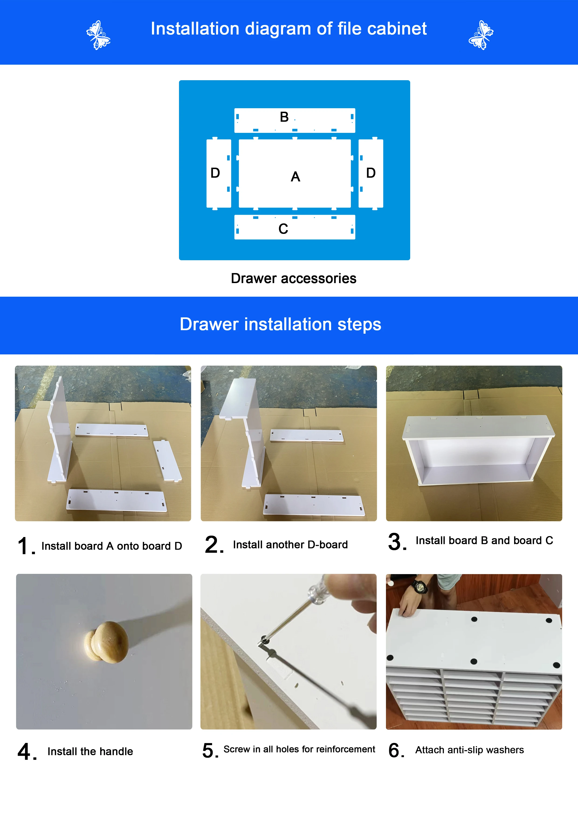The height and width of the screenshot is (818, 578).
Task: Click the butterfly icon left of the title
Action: pyautogui.click(x=98, y=35)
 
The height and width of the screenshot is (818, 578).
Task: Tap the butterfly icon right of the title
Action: pyautogui.click(x=481, y=35)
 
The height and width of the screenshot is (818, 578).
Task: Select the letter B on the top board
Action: pyautogui.click(x=284, y=117)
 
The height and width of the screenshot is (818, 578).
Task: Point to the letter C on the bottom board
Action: pyautogui.click(x=283, y=229)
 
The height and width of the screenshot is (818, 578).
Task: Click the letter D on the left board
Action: pyautogui.click(x=215, y=173)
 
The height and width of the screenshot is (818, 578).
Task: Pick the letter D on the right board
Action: pyautogui.click(x=371, y=173)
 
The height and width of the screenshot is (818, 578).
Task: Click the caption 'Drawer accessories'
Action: pyautogui.click(x=293, y=278)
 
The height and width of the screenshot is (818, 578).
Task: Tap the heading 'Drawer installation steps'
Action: pyautogui.click(x=280, y=324)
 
